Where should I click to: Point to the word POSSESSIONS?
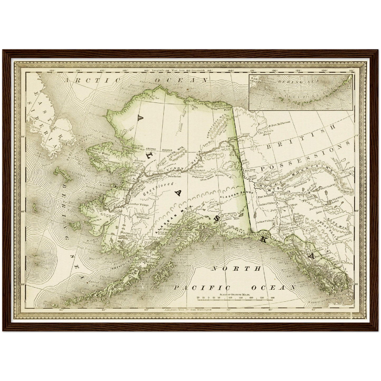coord(306,158)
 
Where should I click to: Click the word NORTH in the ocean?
coord(236,269)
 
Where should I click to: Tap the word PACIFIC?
coord(201,288)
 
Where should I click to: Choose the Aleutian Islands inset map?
coord(301,92)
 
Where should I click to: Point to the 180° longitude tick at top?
coord(52,71)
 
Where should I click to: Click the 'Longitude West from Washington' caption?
coord(188,310)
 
